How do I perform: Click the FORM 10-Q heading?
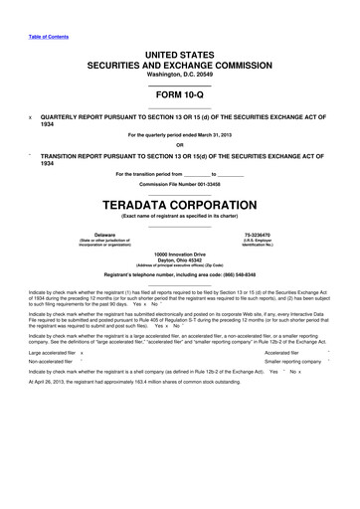tap(179, 96)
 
